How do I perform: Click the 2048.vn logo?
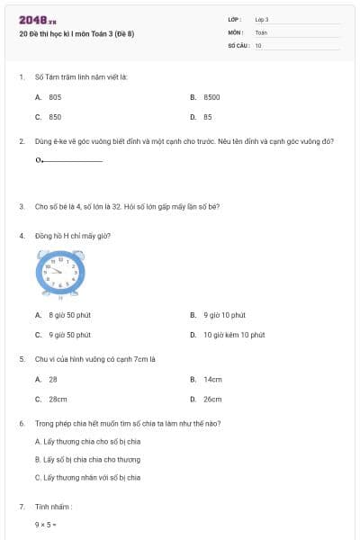tap(35, 19)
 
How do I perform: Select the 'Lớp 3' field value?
tap(262, 19)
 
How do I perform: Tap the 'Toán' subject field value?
tap(261, 32)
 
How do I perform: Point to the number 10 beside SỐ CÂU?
tap(258, 45)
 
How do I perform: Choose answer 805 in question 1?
tap(55, 96)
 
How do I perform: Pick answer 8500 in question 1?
tap(211, 96)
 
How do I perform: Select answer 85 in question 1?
tap(208, 117)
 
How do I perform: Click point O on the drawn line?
tap(39, 161)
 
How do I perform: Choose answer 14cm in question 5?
tap(212, 379)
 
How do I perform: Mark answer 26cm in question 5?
tap(212, 399)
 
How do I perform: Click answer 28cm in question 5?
tap(58, 399)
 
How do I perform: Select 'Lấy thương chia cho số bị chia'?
tap(87, 442)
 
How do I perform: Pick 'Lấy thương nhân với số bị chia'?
tap(87, 477)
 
